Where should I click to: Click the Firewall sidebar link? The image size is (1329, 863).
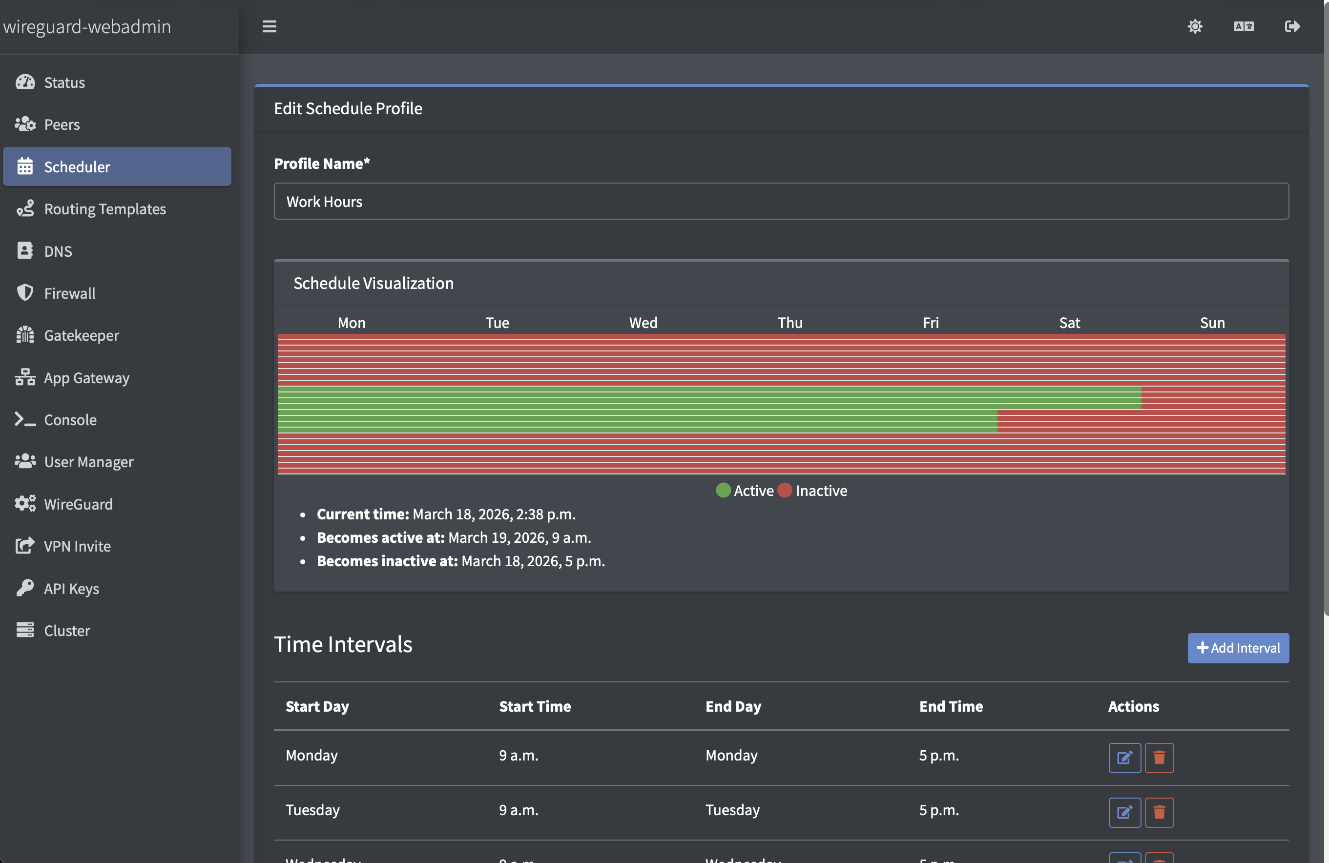[x=69, y=293]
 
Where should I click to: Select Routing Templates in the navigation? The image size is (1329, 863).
[x=104, y=209]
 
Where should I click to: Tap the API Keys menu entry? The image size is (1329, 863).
[x=71, y=588]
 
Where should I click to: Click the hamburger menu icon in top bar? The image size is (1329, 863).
[x=269, y=26]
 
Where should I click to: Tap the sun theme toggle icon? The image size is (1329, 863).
[x=1194, y=26]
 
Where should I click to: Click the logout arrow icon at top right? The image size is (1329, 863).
[x=1292, y=26]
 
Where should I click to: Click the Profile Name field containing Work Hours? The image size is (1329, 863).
[x=781, y=202]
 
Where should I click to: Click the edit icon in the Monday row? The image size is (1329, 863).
[x=1124, y=758]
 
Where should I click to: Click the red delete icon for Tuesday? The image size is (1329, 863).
[x=1159, y=812]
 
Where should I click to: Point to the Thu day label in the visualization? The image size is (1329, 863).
[x=789, y=323]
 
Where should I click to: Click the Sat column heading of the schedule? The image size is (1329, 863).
[x=1069, y=323]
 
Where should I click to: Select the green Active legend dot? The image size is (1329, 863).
[x=723, y=490]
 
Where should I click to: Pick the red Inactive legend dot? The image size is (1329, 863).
[x=785, y=490]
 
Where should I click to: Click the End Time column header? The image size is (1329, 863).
[x=951, y=706]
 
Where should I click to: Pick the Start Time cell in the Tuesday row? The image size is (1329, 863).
[x=518, y=810]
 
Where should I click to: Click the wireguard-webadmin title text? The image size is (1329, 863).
[x=87, y=26]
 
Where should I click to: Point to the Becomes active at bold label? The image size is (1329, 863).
[x=380, y=537]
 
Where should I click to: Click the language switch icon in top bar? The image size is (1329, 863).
[x=1244, y=26]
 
